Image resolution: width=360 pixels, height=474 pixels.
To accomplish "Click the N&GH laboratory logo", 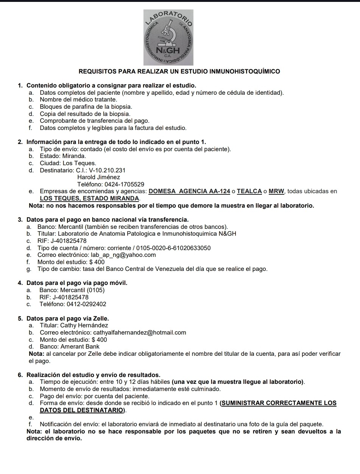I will pos(168,38).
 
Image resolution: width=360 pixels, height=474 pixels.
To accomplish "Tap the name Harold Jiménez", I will pos(98,177).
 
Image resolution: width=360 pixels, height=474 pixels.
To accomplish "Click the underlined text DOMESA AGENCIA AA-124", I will pos(189,191).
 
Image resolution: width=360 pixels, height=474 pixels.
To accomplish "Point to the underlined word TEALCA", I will pos(249,191).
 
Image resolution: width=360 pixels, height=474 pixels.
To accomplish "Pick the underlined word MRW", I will pos(276,191).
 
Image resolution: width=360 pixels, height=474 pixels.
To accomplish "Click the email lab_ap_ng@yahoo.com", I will pos(123,255).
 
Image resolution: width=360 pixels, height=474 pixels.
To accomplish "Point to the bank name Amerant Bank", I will pos(78,346).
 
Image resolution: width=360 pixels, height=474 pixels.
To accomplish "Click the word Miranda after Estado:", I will pos(74,156).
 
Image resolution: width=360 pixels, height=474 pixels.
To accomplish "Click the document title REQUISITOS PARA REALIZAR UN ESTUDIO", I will pos(179,71).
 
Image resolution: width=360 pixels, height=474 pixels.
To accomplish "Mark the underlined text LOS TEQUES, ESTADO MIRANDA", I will pos(89,198).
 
